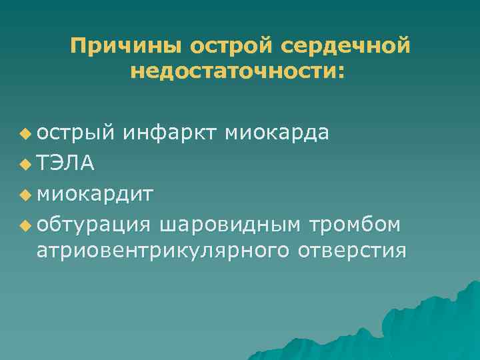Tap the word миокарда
tap(277, 133)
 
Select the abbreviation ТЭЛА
tap(66, 163)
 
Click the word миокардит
tap(96, 194)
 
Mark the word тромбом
tap(353, 225)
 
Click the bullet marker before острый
tap(25, 133)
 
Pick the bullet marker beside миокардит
tap(25, 195)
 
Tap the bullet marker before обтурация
tap(25, 225)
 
